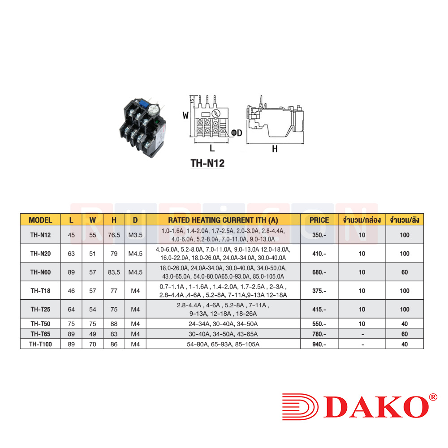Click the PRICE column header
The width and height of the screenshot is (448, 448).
319,220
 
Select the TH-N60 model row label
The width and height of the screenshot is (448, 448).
41,272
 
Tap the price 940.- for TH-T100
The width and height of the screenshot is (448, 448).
319,344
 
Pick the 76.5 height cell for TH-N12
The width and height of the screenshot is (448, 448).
114,235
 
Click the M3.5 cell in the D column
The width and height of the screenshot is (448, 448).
135,235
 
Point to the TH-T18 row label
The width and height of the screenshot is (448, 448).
41,291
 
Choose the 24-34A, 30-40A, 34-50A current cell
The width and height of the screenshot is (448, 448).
223,324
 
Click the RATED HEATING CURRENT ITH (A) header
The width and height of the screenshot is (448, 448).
223,220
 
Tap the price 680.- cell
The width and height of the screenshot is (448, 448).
319,272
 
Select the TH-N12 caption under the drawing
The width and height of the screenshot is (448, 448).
208,163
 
